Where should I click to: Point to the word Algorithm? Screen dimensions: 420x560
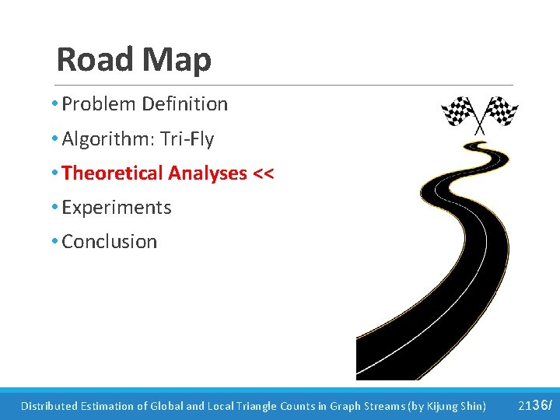point(99,139)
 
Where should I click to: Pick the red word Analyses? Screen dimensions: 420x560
point(208,173)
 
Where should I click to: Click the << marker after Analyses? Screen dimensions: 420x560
point(263,173)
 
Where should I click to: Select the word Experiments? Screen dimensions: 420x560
point(117,208)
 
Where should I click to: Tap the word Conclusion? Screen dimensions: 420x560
point(110,242)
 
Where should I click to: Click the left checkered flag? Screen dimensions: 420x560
point(459,112)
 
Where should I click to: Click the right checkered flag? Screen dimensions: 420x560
point(501,110)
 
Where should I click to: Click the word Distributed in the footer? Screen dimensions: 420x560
point(49,406)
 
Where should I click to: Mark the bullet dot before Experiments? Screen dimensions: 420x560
point(56,208)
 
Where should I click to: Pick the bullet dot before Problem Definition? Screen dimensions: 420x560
point(56,104)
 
